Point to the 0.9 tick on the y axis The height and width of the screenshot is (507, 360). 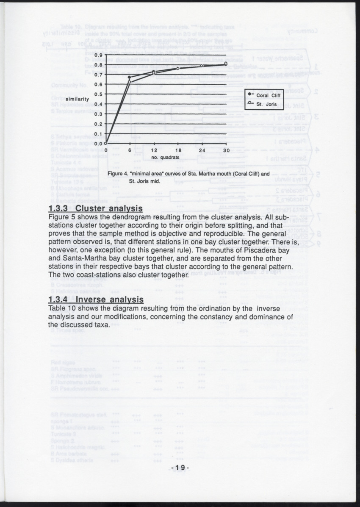pyautogui.click(x=98, y=55)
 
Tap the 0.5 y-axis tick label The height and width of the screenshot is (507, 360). pyautogui.click(x=98, y=94)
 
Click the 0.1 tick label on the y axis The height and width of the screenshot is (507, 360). pyautogui.click(x=98, y=133)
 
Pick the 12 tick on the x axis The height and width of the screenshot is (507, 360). pyautogui.click(x=154, y=150)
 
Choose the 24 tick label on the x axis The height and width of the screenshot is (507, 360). pyautogui.click(x=202, y=150)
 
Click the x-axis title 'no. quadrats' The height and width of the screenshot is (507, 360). pyautogui.click(x=166, y=158)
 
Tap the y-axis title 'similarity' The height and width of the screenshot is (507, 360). pyautogui.click(x=75, y=99)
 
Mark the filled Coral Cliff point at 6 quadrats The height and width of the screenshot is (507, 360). pyautogui.click(x=130, y=77)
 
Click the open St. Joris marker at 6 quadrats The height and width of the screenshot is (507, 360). pyautogui.click(x=130, y=81)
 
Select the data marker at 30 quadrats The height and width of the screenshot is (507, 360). pyautogui.click(x=226, y=64)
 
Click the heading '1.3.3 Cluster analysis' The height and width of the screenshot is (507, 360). pyautogui.click(x=95, y=209)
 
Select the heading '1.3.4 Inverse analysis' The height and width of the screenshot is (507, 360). pyautogui.click(x=96, y=300)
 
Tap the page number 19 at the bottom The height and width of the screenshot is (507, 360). pyautogui.click(x=180, y=468)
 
